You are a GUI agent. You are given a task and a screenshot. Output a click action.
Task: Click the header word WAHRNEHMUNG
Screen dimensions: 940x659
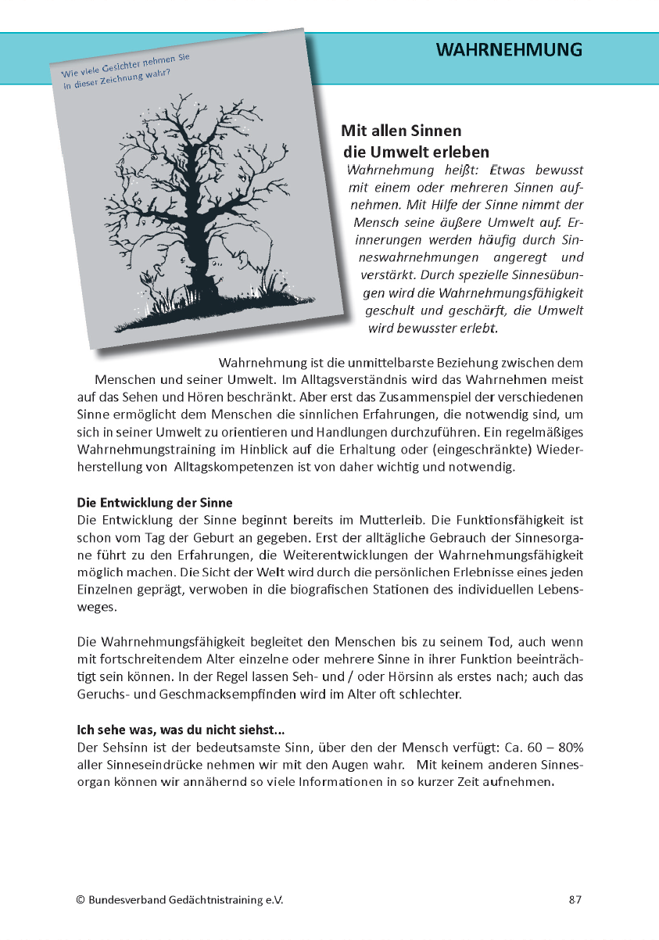coord(509,50)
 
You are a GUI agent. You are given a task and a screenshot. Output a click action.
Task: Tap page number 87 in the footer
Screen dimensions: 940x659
coord(575,900)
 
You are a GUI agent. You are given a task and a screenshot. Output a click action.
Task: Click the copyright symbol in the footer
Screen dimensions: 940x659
coord(81,900)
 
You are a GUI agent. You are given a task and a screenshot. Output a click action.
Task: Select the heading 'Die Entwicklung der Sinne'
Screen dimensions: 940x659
coord(155,503)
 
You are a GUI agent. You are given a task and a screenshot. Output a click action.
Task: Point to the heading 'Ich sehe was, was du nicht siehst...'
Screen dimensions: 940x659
coord(181,731)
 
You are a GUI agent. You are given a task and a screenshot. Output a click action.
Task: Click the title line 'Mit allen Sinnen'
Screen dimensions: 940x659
coord(401,131)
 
